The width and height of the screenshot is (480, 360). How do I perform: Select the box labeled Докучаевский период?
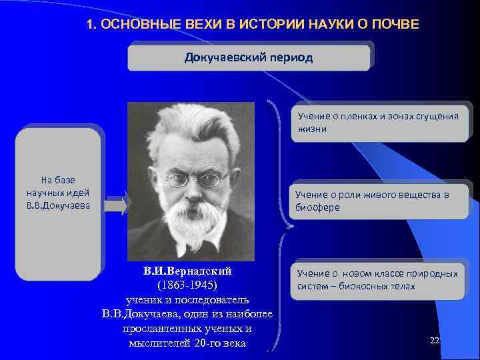click(x=249, y=57)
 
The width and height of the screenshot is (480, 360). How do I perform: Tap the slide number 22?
click(x=435, y=341)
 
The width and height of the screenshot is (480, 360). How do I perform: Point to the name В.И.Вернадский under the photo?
click(x=187, y=272)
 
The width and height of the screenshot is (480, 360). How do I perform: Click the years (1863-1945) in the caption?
click(x=187, y=285)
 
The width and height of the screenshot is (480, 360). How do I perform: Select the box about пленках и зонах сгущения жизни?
click(x=379, y=122)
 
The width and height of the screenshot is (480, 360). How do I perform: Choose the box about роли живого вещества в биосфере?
click(x=379, y=201)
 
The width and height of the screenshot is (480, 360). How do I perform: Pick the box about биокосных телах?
click(x=377, y=280)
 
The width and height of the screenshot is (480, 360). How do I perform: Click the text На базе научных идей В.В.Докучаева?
click(x=60, y=193)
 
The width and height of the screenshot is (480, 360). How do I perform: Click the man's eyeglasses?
click(x=196, y=179)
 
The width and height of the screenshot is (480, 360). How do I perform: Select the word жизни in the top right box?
click(x=312, y=129)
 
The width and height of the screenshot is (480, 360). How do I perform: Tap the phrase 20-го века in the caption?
click(x=219, y=343)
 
